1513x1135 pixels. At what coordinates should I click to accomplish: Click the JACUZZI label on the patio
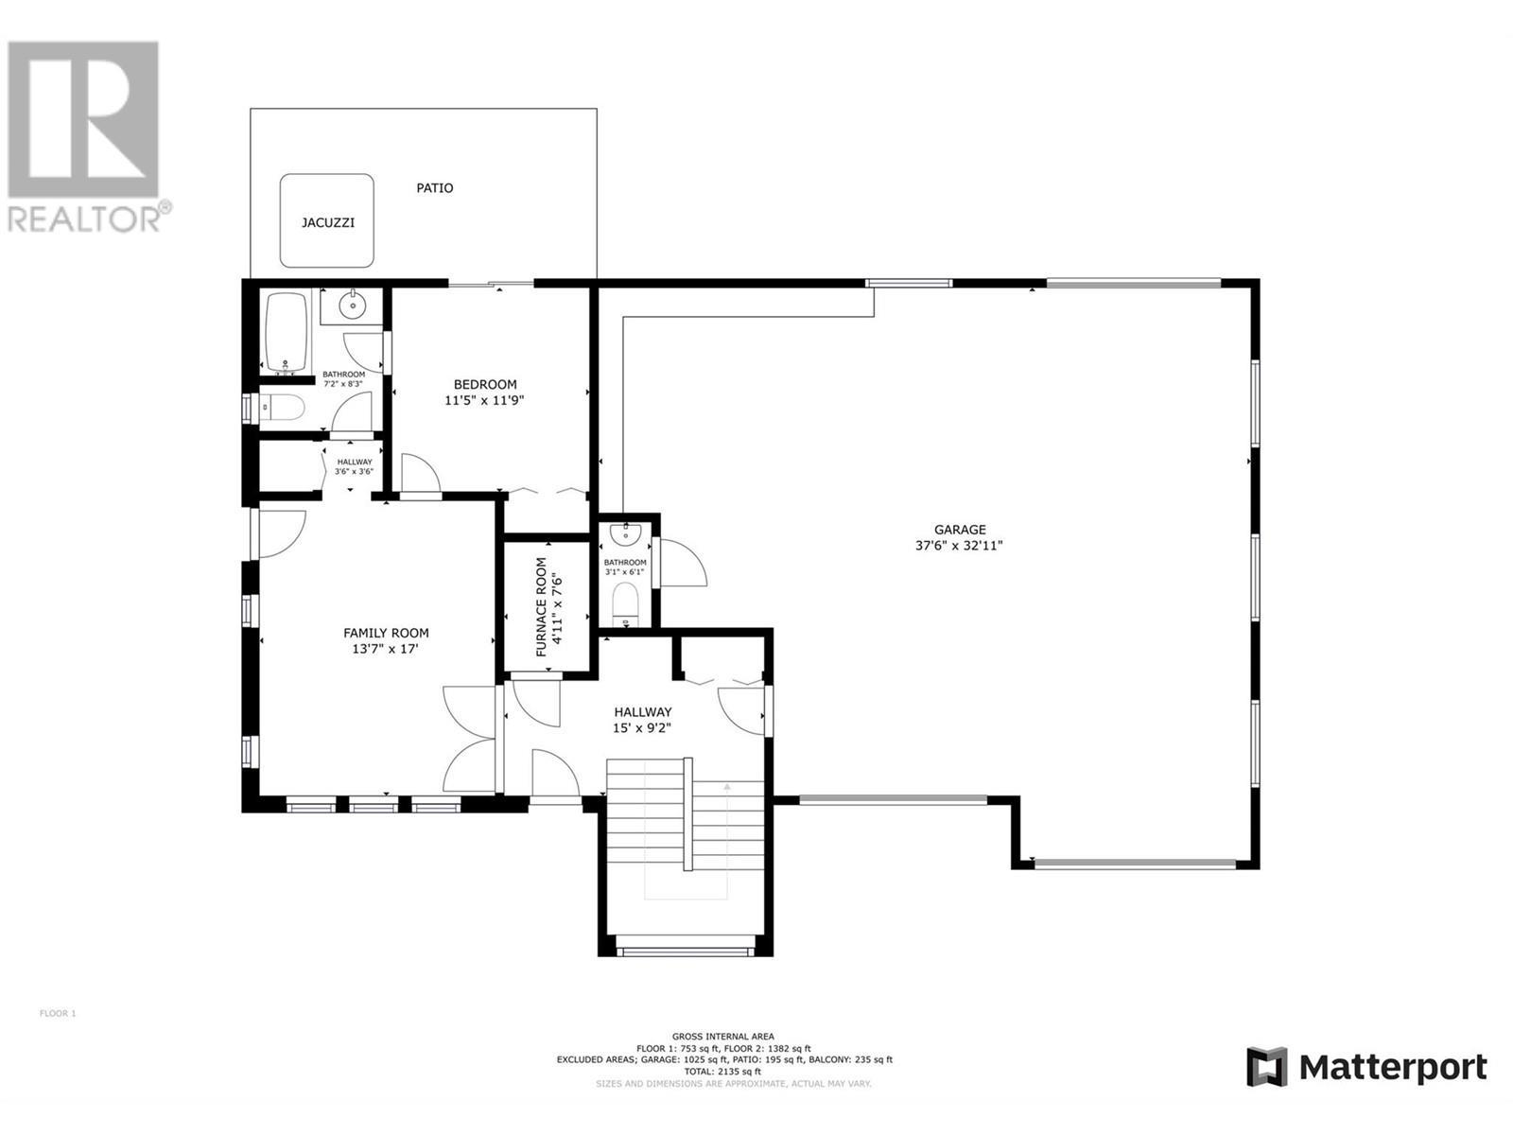[x=328, y=223]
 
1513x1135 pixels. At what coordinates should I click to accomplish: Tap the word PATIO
[x=435, y=188]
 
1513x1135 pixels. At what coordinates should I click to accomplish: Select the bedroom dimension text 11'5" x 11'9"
[x=484, y=400]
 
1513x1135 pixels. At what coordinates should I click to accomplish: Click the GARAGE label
[x=960, y=530]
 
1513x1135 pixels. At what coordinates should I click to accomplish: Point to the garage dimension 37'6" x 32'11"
[x=960, y=546]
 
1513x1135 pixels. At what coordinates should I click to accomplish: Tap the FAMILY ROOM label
[x=386, y=633]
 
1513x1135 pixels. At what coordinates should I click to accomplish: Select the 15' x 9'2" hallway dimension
[x=643, y=728]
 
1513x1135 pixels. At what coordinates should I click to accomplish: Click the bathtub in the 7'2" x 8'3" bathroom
[x=286, y=332]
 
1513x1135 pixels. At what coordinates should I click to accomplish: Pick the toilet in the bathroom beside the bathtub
[x=281, y=409]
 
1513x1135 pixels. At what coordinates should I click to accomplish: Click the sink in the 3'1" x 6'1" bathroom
[x=625, y=535]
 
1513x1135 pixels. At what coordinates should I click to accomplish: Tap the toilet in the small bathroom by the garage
[x=625, y=603]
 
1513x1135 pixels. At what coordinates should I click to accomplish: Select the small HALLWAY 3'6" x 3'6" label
[x=355, y=466]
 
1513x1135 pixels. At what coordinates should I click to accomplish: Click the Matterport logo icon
[x=1266, y=1067]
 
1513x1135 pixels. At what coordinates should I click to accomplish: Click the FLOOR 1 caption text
[x=58, y=1014]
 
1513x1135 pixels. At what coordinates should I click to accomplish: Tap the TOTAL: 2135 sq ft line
[x=723, y=1072]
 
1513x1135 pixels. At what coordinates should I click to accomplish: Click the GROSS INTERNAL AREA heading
[x=723, y=1037]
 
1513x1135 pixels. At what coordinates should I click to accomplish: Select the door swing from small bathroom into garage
[x=683, y=564]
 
